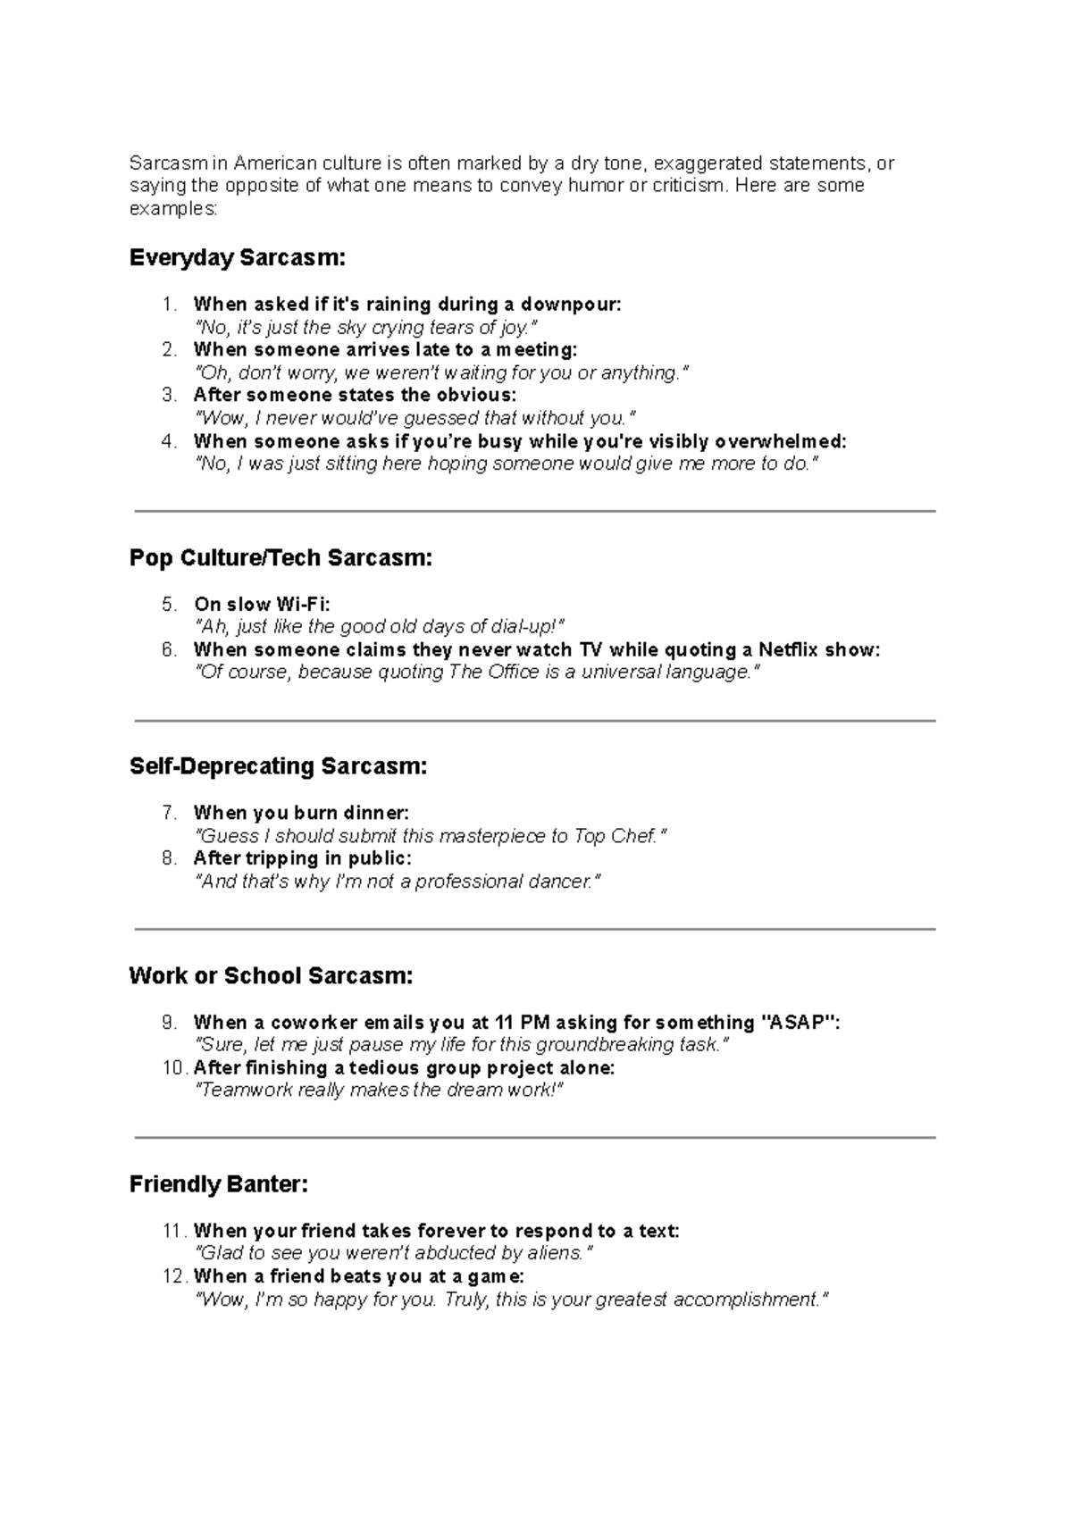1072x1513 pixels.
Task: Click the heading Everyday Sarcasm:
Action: click(237, 258)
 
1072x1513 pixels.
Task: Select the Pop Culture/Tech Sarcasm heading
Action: click(281, 558)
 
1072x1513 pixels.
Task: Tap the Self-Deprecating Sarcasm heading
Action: click(278, 766)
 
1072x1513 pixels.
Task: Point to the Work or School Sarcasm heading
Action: click(271, 975)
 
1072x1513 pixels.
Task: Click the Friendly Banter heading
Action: click(219, 1184)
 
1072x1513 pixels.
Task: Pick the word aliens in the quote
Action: click(554, 1253)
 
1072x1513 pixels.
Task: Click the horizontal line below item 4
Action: click(534, 511)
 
